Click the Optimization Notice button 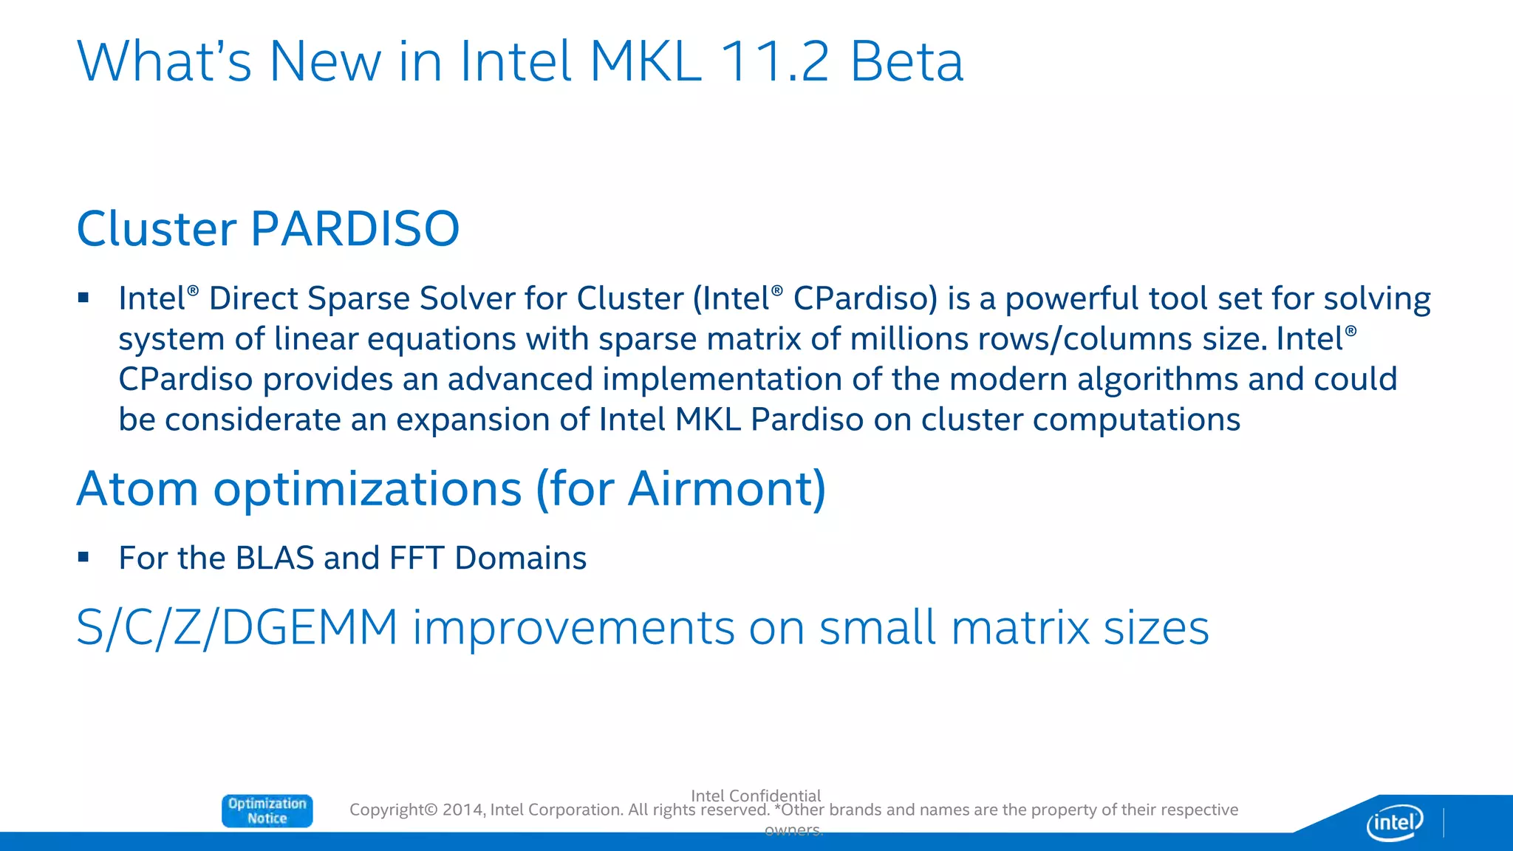click(267, 810)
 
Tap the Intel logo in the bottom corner click(1394, 821)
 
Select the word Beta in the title click(906, 61)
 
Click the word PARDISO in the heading click(355, 228)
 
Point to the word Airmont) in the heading click(727, 489)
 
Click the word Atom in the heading click(137, 489)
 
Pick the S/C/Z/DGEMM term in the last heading click(236, 628)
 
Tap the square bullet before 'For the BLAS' click(83, 557)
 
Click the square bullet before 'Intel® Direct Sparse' click(83, 298)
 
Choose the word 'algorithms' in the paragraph click(1157, 379)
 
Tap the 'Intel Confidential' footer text click(755, 796)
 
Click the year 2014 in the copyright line click(462, 810)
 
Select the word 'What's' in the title click(164, 61)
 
